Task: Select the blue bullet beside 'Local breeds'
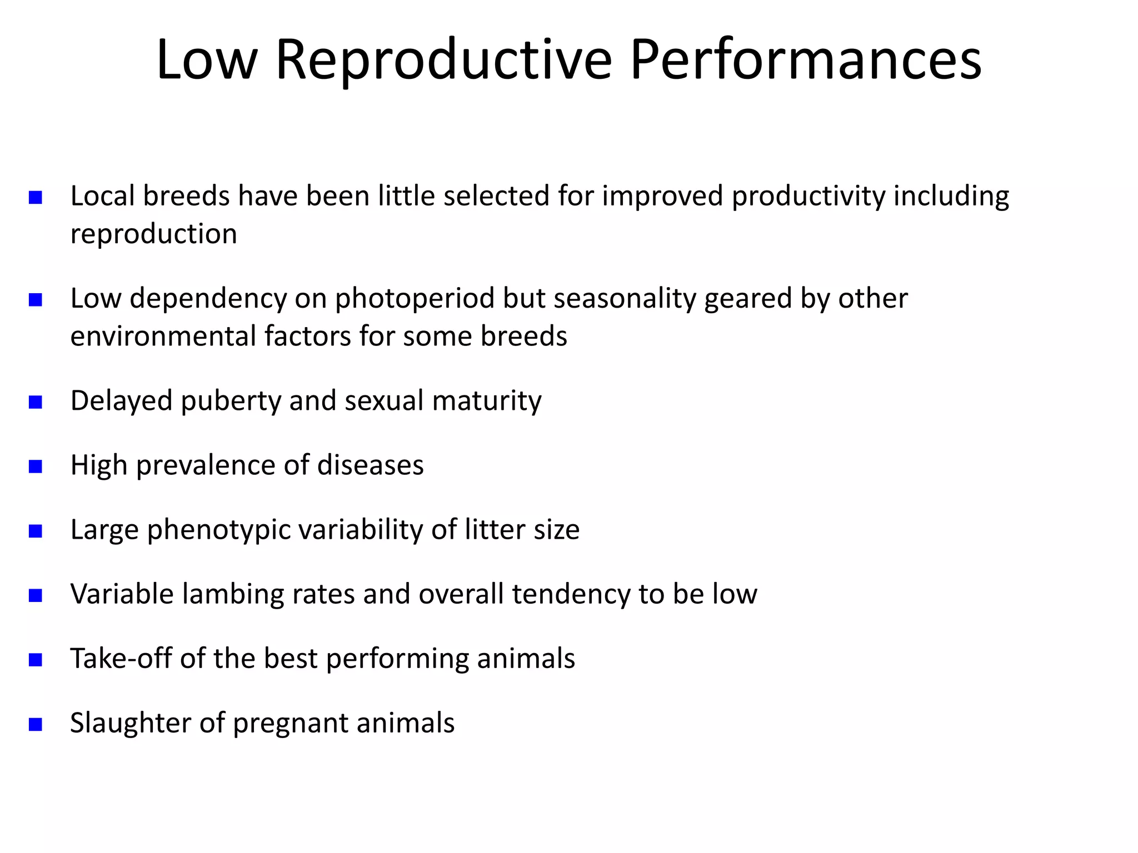[x=36, y=198]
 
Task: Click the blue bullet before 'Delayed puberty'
[x=36, y=402]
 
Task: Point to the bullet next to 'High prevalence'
[x=36, y=466]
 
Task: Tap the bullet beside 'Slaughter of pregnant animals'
[x=36, y=724]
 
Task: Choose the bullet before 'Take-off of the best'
[x=36, y=660]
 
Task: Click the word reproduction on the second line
[x=153, y=234]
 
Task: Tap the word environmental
[x=163, y=337]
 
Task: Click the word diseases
[x=370, y=465]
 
